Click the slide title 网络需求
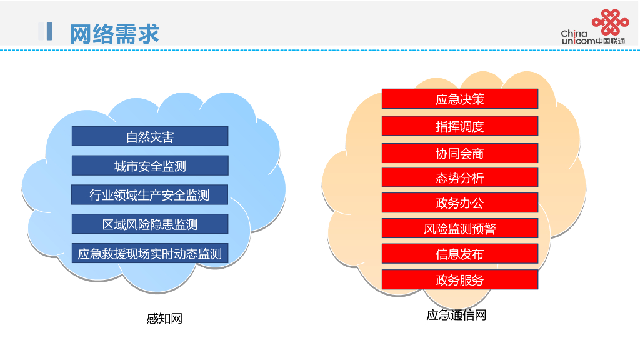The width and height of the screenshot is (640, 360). coord(114,34)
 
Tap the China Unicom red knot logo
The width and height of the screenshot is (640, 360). coord(610,22)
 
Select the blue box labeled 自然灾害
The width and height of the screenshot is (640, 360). coord(150,136)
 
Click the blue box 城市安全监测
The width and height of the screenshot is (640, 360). coord(150,166)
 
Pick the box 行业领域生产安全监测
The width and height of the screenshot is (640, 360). coord(150,195)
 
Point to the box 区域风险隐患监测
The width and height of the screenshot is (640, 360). coord(150,224)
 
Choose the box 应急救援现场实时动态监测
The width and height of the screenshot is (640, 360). coord(150,253)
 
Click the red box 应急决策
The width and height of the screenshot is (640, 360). coord(460,99)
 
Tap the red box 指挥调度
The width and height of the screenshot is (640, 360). coord(460,126)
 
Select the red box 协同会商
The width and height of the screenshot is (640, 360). coord(460,153)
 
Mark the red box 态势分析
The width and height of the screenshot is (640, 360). coord(460,177)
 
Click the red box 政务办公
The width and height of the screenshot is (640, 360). coord(460,202)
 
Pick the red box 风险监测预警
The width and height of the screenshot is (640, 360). coord(460,228)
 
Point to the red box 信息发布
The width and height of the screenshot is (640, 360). coord(460,254)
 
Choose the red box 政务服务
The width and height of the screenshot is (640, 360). coord(460,279)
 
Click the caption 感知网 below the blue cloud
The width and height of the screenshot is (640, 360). coord(164,319)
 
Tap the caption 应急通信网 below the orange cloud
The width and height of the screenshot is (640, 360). coord(456,315)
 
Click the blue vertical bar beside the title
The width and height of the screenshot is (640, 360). coord(48,32)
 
